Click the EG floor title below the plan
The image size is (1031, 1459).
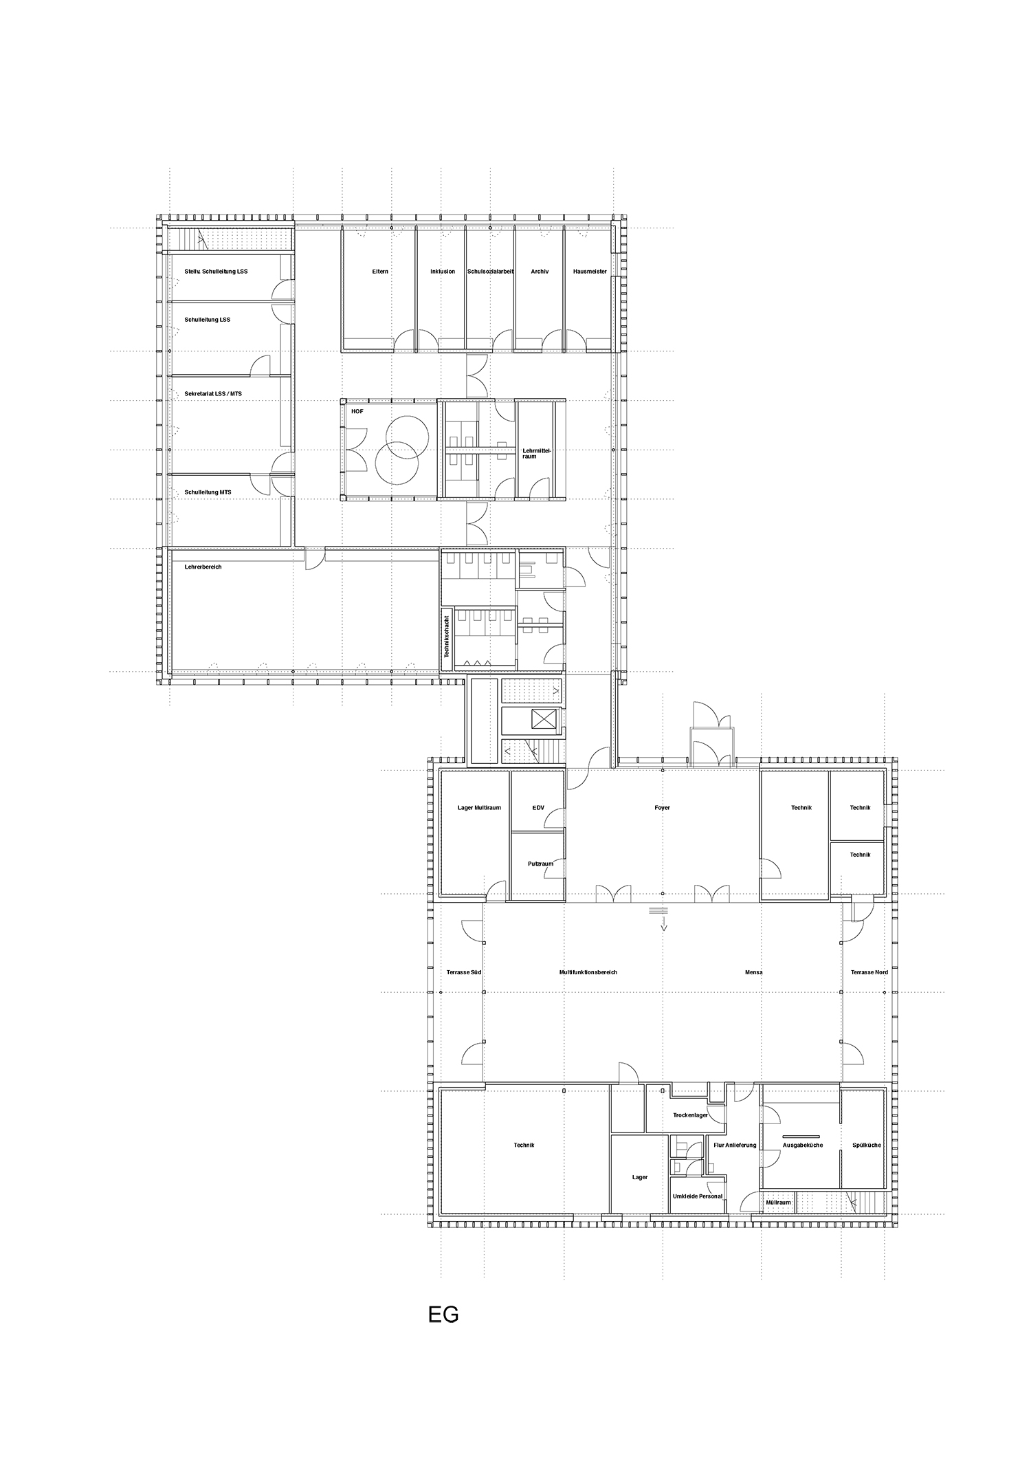(443, 1315)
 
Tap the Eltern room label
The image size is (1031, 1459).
(380, 272)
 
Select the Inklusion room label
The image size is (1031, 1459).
(443, 272)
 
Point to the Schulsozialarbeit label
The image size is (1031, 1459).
(490, 272)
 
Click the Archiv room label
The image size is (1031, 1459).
(540, 272)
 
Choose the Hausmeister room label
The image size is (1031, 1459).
(590, 272)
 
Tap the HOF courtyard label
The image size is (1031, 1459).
(357, 412)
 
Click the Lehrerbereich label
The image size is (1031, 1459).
(203, 567)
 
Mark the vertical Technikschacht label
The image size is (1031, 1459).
(446, 637)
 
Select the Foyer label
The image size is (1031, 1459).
(662, 808)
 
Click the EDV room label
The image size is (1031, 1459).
(538, 808)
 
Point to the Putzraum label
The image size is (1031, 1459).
(540, 864)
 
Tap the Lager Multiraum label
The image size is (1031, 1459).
(479, 808)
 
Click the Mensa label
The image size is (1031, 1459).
(753, 972)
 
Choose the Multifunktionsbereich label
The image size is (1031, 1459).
(588, 972)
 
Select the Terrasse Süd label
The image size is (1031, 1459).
(463, 972)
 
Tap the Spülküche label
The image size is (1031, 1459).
(866, 1145)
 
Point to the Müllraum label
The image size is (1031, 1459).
(778, 1203)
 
